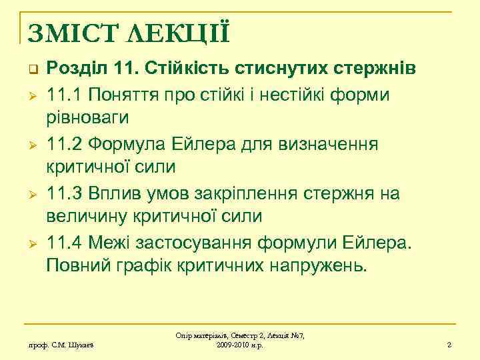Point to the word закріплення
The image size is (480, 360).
point(251,193)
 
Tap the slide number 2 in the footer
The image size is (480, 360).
point(449,345)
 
